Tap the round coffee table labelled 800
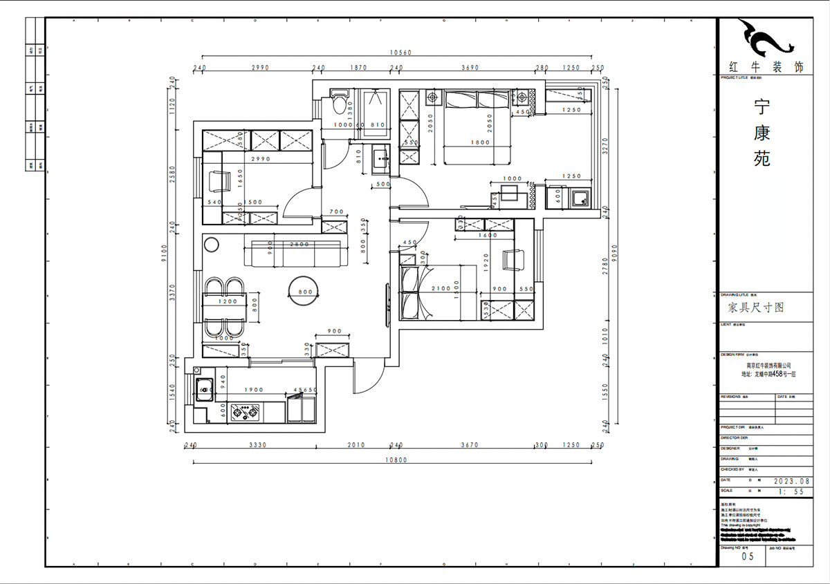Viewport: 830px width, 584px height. pos(305,292)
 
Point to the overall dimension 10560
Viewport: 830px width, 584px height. pos(400,53)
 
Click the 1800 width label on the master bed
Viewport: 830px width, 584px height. pos(479,143)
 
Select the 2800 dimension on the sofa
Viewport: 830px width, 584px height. pos(299,245)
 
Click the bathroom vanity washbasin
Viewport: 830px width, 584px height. pos(380,161)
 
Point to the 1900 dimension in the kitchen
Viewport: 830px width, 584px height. pos(254,390)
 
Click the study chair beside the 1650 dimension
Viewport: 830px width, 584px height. pos(219,182)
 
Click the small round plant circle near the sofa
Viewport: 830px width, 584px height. pos(211,245)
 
